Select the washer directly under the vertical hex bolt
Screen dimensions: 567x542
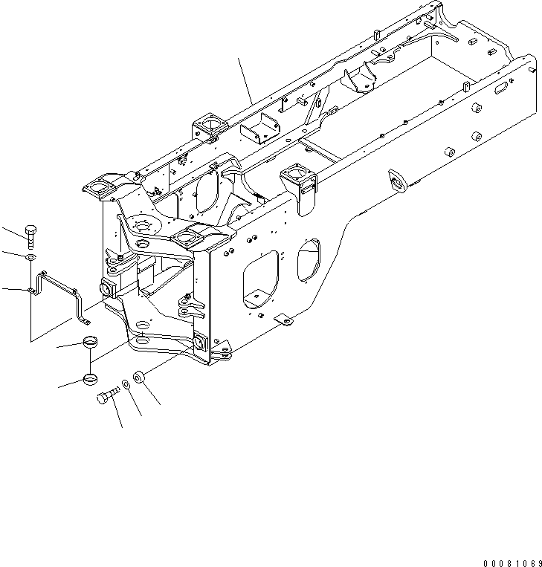click(x=28, y=256)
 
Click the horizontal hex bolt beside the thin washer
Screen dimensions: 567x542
click(x=108, y=396)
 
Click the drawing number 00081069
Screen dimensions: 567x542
click(x=500, y=555)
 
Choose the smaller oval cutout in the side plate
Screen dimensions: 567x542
click(x=308, y=260)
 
